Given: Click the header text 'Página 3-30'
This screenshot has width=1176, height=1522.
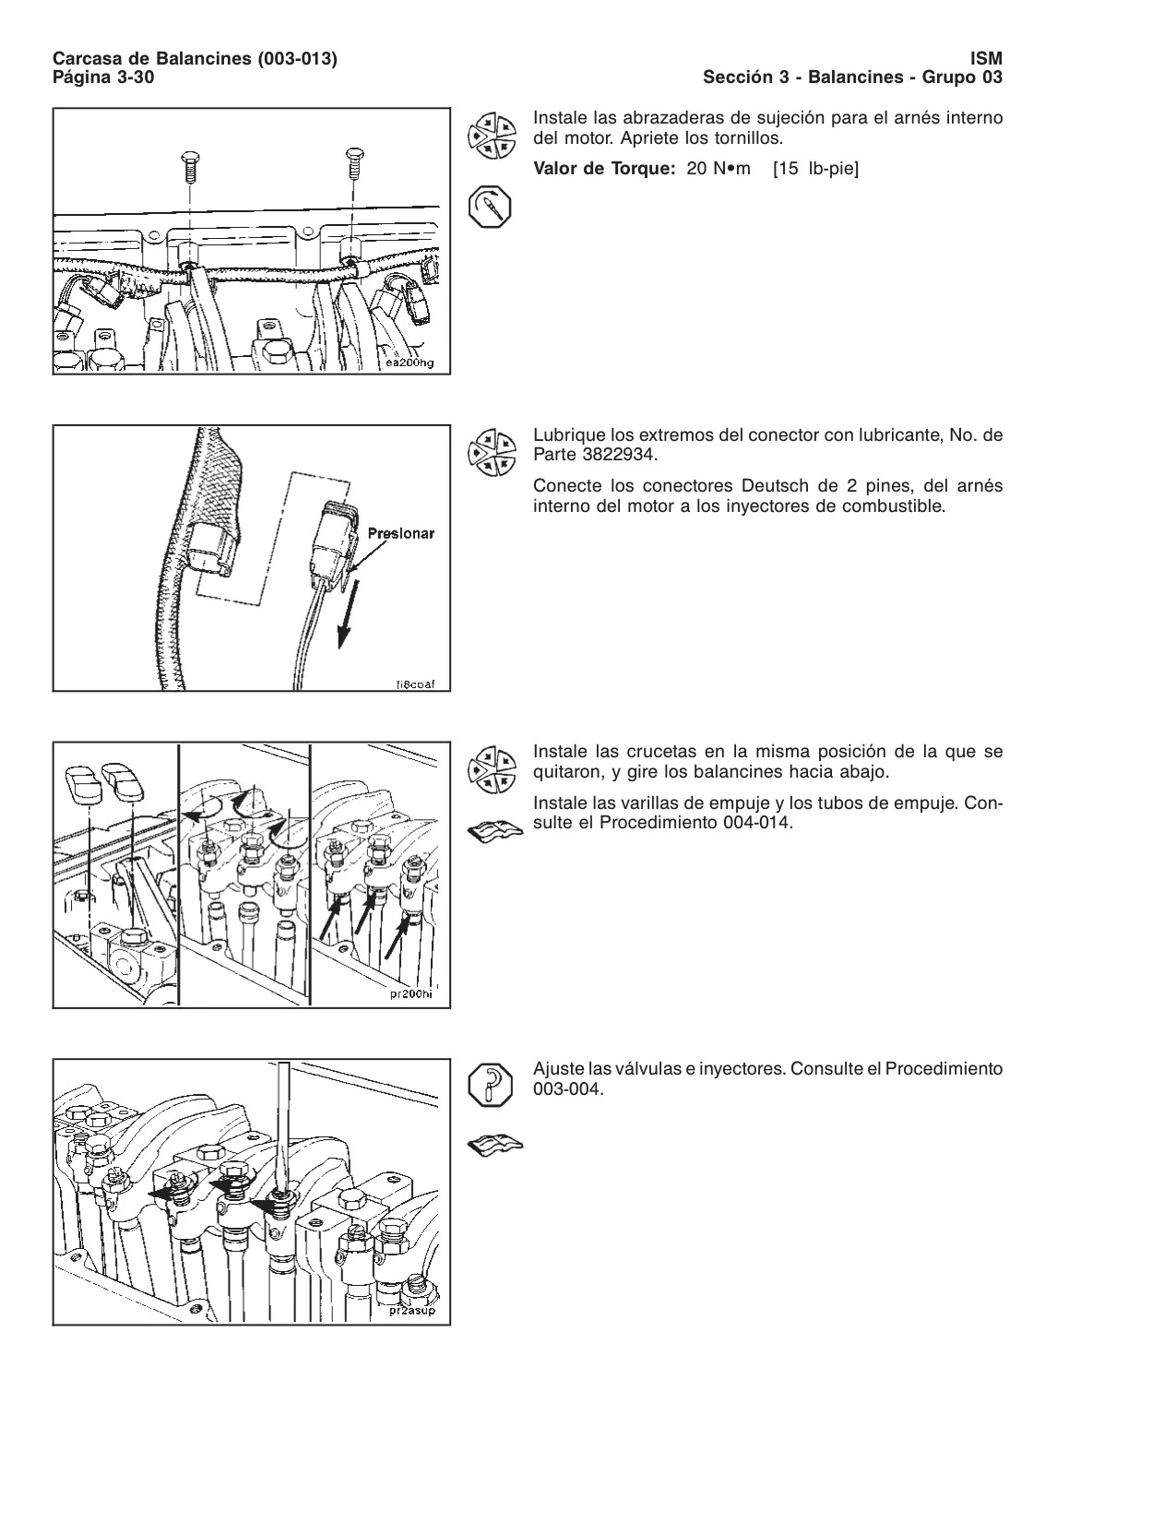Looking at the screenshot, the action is coord(103,77).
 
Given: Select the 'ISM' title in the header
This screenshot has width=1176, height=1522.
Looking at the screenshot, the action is coord(985,59).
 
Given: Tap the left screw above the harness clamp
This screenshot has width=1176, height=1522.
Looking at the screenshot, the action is coord(190,167).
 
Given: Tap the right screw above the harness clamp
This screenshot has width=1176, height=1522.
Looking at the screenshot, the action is coord(355,162).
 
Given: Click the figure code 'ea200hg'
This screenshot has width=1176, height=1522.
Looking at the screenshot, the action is coord(410,363).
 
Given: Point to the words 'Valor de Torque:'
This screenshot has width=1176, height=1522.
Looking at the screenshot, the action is coord(604,169).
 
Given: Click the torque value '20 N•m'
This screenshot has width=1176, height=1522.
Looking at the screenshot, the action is coord(718,169).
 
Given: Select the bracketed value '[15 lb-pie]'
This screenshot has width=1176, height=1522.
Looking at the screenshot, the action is coord(816,169).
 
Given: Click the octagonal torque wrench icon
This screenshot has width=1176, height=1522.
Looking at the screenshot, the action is coord(490,207).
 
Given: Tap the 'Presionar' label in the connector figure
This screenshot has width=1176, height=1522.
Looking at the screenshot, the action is coord(401,534).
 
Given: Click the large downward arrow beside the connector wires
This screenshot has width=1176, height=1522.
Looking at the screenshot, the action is coord(348,612).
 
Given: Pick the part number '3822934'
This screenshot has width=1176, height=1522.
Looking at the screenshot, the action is coord(619,455).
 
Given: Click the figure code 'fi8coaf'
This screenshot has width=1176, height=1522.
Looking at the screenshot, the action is coord(415,684).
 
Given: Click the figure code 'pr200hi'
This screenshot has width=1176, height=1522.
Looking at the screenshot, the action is coord(411,993).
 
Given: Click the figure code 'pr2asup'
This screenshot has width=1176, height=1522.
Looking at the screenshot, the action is coord(412,1311).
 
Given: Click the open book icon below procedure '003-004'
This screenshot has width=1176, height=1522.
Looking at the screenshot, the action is coord(495,1147).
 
